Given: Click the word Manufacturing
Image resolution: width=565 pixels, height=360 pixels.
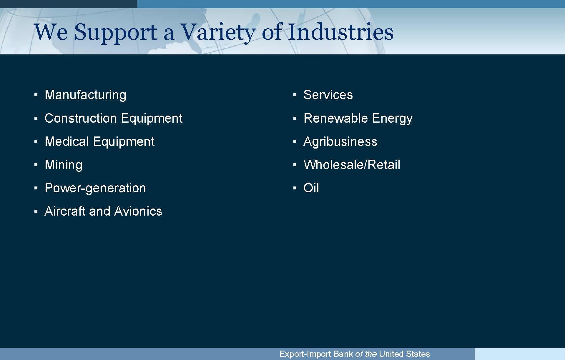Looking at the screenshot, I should click(85, 95).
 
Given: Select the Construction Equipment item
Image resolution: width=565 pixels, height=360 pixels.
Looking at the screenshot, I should click(113, 119).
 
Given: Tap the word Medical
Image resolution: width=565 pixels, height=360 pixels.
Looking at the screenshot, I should click(67, 141).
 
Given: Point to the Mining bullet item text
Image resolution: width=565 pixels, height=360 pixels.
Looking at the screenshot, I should click(64, 165).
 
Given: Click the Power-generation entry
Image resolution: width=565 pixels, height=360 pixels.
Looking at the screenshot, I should click(95, 188).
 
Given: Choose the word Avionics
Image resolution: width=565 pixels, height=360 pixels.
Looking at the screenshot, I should click(138, 211).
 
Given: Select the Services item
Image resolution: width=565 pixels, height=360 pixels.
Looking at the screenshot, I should click(328, 95).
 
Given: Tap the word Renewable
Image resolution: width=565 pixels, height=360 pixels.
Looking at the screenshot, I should click(335, 118).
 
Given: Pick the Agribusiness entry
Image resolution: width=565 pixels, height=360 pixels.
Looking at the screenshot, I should click(340, 142).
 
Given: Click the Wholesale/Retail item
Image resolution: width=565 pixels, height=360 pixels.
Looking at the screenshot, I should click(352, 165).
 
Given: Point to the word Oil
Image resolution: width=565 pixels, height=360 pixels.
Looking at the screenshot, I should click(311, 188).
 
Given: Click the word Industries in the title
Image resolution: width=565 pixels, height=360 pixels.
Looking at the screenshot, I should click(340, 32).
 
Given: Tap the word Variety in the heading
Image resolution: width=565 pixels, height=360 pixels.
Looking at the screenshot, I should click(218, 32).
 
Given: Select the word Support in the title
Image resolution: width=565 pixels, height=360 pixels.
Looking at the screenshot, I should click(116, 32).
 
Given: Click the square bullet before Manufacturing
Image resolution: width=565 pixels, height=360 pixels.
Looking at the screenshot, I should click(36, 95).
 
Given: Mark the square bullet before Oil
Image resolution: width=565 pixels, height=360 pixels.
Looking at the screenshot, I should click(295, 188).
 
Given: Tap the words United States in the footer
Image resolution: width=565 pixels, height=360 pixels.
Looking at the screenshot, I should click(404, 354).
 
